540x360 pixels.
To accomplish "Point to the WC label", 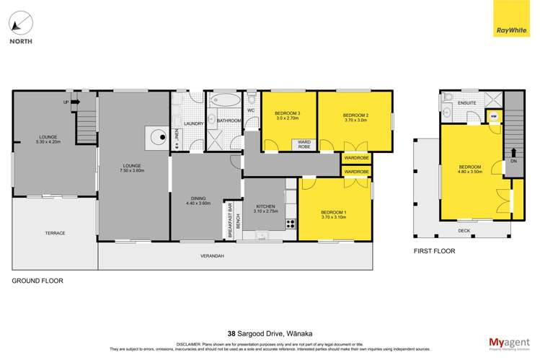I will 251,111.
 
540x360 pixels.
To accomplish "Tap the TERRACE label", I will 55,233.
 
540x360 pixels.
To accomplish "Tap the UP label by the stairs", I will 66,102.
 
